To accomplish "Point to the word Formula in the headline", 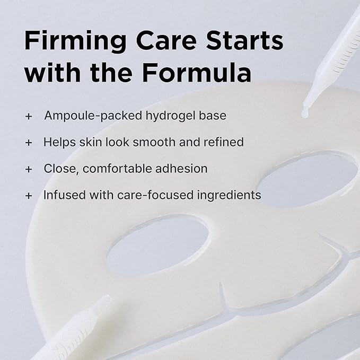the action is coord(197,72).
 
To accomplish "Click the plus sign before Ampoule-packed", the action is coord(29,116).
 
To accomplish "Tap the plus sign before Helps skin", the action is coord(29,143).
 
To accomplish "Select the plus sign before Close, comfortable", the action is coord(29,170).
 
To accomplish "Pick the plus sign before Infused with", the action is coord(29,196).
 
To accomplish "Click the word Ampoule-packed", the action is coord(93,116).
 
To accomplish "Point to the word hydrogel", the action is coord(170,116).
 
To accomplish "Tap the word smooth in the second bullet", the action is coord(154,142).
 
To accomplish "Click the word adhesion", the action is coord(181,169).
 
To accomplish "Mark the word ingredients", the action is coord(229,196).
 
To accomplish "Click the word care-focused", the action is coord(155,195).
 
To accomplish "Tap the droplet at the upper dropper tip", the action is coord(304,114).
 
